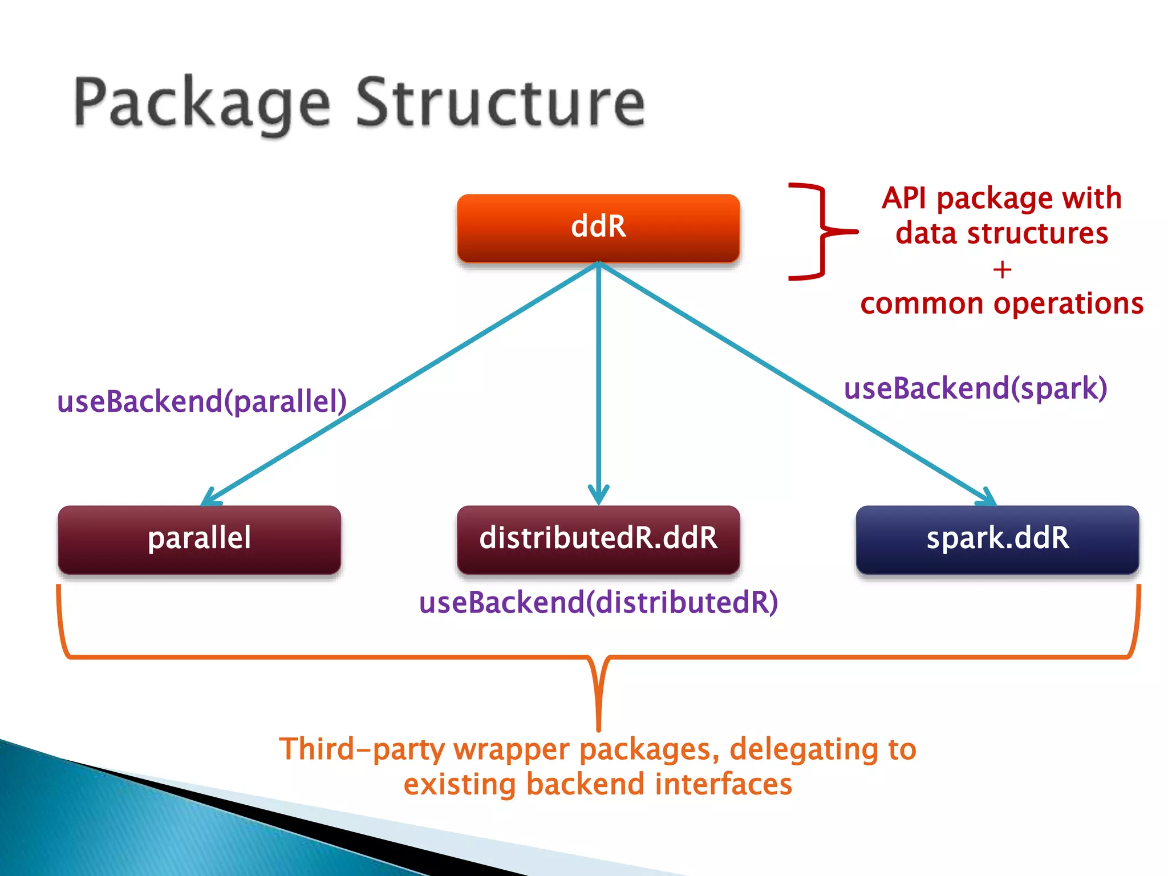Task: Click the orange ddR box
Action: (598, 228)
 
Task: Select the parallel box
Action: (199, 539)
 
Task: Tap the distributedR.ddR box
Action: (598, 539)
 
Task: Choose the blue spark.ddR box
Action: (997, 539)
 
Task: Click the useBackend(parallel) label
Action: (202, 401)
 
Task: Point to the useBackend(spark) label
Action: (975, 389)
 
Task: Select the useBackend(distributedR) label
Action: (598, 603)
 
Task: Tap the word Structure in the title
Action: (501, 103)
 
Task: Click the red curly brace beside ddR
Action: (823, 232)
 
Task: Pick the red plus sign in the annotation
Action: (1002, 269)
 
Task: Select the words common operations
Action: (1002, 303)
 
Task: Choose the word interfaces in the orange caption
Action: (723, 784)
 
